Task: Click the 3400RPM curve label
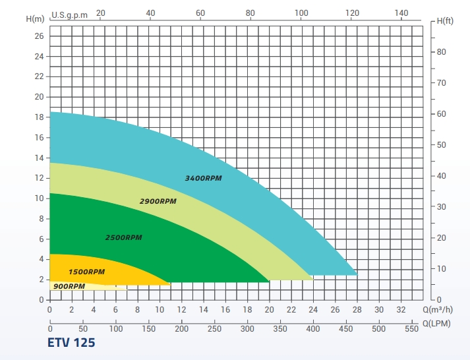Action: pyautogui.click(x=204, y=179)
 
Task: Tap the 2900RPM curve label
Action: pyautogui.click(x=158, y=201)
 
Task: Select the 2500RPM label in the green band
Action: pyautogui.click(x=124, y=237)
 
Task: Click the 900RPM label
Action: pyautogui.click(x=69, y=286)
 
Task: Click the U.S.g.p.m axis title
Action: pyautogui.click(x=69, y=14)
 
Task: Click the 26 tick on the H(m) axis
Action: pyautogui.click(x=38, y=36)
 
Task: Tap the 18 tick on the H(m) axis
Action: pyautogui.click(x=38, y=117)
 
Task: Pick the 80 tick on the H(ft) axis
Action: pyautogui.click(x=442, y=52)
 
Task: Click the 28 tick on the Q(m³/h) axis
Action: pyautogui.click(x=357, y=309)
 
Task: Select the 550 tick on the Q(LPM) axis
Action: pyautogui.click(x=412, y=328)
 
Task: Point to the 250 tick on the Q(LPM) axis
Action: pyautogui.click(x=215, y=328)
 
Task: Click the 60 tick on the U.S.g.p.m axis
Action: pyautogui.click(x=200, y=13)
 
